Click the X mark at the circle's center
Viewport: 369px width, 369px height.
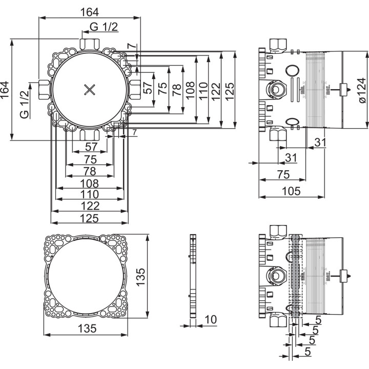pyautogui.click(x=90, y=90)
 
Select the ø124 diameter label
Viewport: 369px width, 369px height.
pyautogui.click(x=361, y=91)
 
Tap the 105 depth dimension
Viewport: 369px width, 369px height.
pyautogui.click(x=291, y=191)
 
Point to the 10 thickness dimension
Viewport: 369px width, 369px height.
pyautogui.click(x=210, y=319)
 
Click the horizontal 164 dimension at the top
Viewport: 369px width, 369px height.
pyautogui.click(x=90, y=11)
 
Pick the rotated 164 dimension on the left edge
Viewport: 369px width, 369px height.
pyautogui.click(x=6, y=90)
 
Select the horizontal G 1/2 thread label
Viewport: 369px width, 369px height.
pyautogui.click(x=104, y=27)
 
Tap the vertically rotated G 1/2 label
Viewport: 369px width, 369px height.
pyautogui.click(x=24, y=104)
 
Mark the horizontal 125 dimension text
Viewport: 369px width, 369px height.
pyautogui.click(x=90, y=218)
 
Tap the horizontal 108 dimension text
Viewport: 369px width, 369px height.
pyautogui.click(x=90, y=183)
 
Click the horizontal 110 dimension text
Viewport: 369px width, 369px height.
pyautogui.click(x=90, y=195)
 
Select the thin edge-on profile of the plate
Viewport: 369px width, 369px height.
pyautogui.click(x=192, y=276)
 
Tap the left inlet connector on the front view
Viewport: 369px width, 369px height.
pyautogui.click(x=44, y=90)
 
